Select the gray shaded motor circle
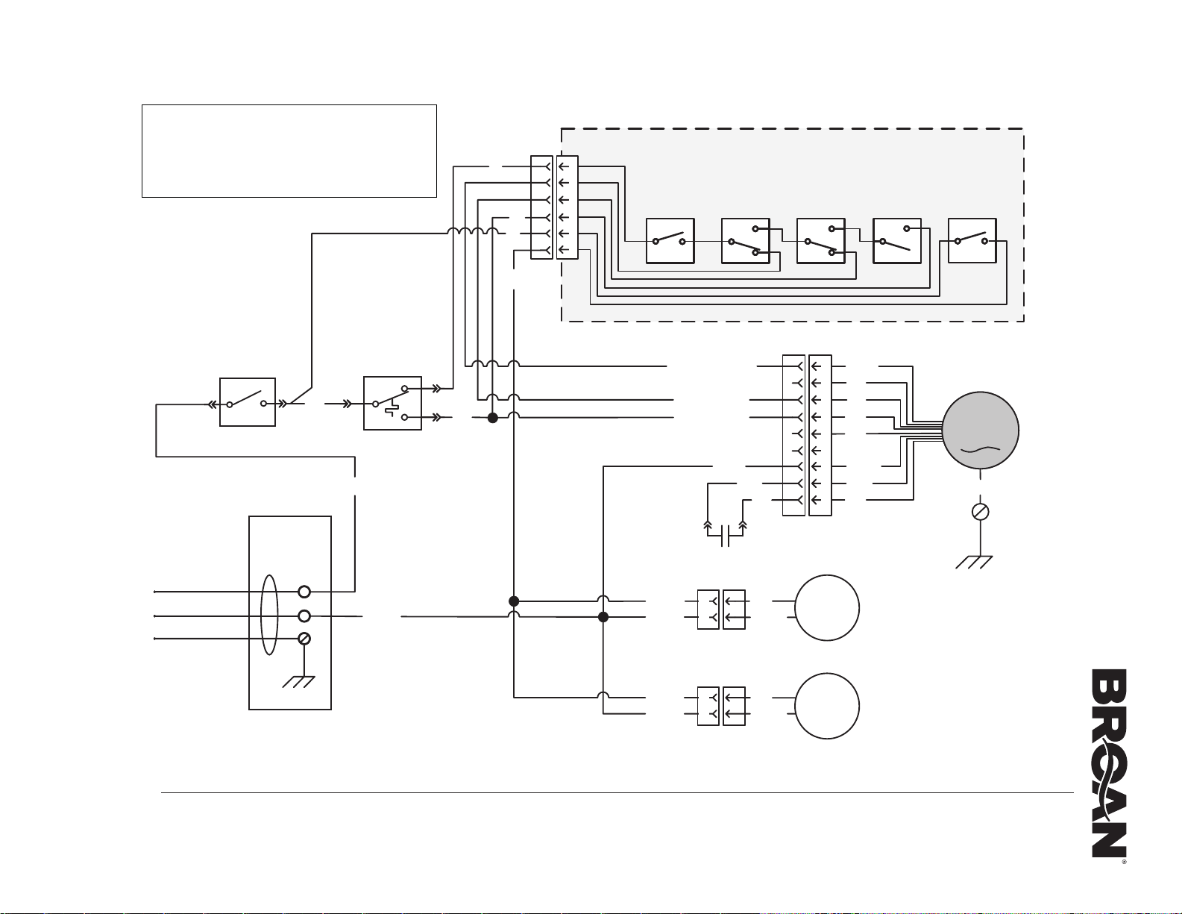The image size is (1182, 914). [980, 431]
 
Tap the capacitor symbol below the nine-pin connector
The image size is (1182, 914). [725, 536]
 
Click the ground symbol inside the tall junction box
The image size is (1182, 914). [298, 682]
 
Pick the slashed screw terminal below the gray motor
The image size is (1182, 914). [980, 512]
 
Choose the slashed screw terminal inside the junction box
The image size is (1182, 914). [304, 639]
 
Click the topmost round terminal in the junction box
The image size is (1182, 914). [304, 592]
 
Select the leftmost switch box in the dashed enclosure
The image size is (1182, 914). [670, 241]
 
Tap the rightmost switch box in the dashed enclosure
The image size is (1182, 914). [972, 240]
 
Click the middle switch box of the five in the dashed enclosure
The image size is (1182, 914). [821, 241]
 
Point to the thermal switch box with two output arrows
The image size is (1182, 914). [392, 403]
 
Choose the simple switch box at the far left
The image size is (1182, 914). [248, 402]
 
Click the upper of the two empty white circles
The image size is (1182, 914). [827, 607]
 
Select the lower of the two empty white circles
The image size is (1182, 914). [827, 706]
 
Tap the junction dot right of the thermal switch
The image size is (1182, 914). [493, 418]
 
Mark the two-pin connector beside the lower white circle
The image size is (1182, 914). [721, 706]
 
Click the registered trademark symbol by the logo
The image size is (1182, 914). [1124, 862]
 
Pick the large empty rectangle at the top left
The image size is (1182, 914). [289, 151]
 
